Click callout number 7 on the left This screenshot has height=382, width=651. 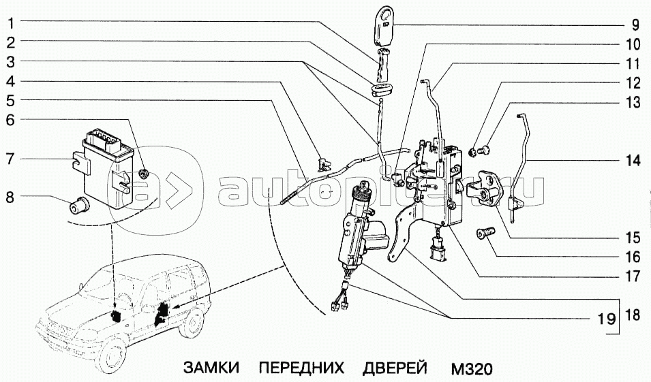[x=10, y=159]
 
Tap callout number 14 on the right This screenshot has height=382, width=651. [x=633, y=161]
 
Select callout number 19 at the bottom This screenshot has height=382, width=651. [x=607, y=319]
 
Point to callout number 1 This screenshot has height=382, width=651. [x=11, y=23]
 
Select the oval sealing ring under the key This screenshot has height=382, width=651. [x=380, y=90]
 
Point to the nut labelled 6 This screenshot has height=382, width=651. [x=144, y=174]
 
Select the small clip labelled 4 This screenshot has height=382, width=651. [x=323, y=163]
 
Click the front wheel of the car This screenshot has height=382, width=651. [x=111, y=356]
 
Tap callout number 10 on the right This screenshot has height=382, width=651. [x=633, y=44]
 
